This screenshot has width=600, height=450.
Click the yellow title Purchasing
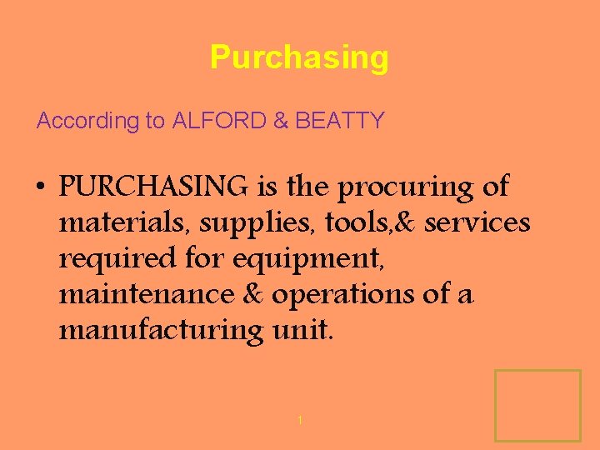click(299, 57)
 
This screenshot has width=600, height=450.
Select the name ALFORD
click(220, 121)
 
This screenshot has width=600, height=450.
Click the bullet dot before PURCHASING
click(41, 187)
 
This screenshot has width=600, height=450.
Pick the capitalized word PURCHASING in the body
click(153, 187)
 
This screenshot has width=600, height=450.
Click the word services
click(477, 222)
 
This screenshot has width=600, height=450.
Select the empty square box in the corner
click(537, 405)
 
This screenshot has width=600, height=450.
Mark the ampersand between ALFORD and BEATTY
click(282, 121)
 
